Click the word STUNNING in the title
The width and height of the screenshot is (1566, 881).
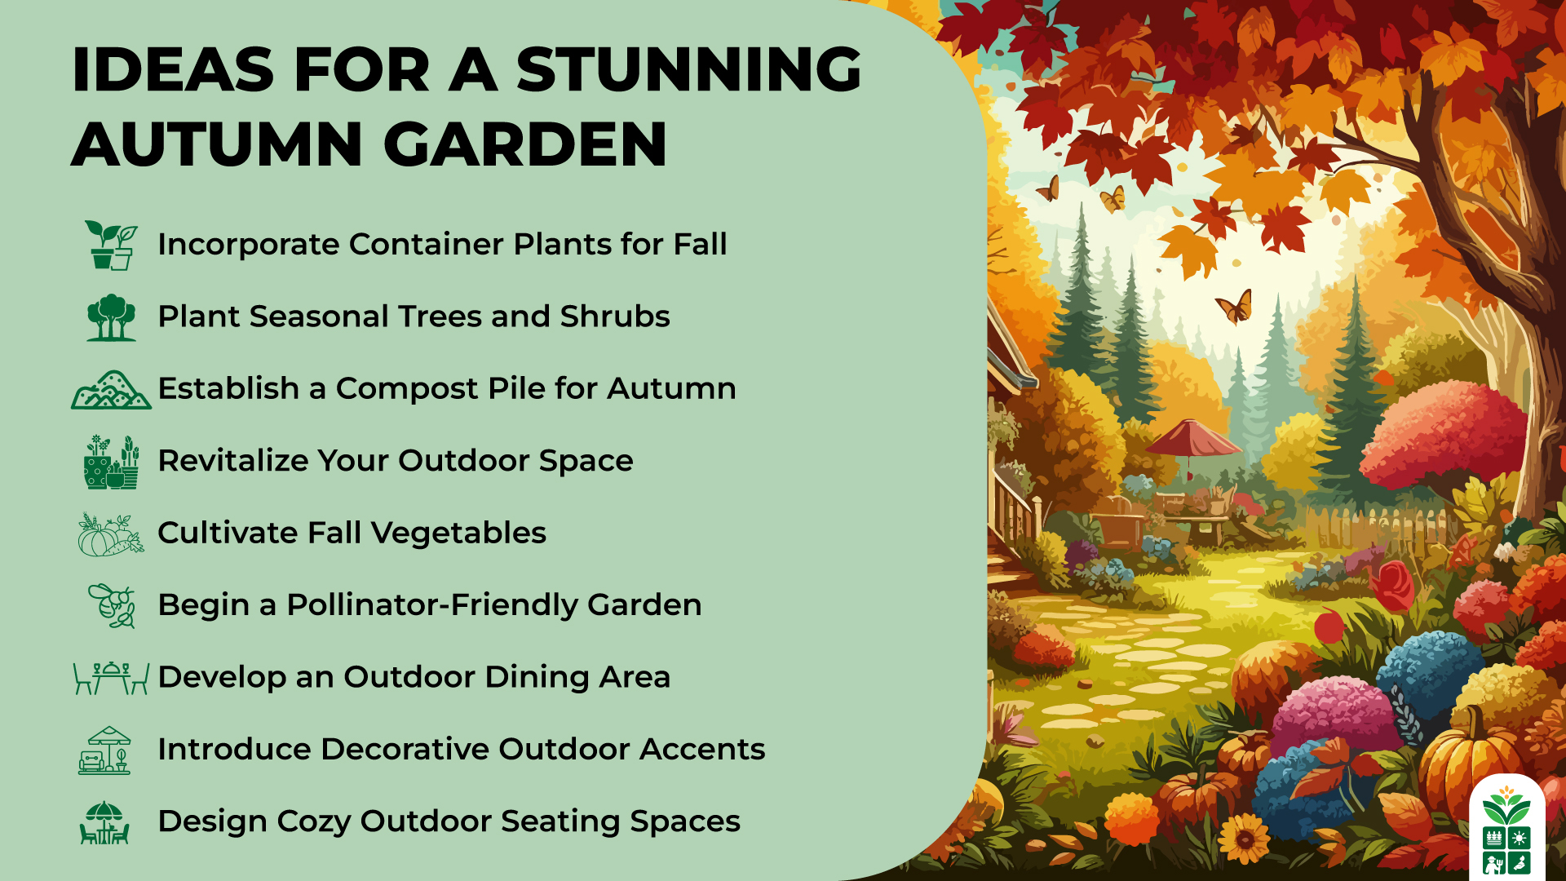689,69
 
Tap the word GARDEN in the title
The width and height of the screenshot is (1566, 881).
525,144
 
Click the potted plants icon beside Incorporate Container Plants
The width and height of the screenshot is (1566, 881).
112,245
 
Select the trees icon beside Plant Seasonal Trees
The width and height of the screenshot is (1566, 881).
112,317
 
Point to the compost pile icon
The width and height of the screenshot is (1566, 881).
111,390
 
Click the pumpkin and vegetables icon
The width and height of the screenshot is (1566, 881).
111,534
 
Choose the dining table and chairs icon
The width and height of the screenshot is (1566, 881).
111,678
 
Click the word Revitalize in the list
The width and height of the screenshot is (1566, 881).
232,460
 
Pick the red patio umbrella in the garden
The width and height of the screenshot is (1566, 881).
1193,440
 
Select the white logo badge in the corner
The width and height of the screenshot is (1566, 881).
1506,828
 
